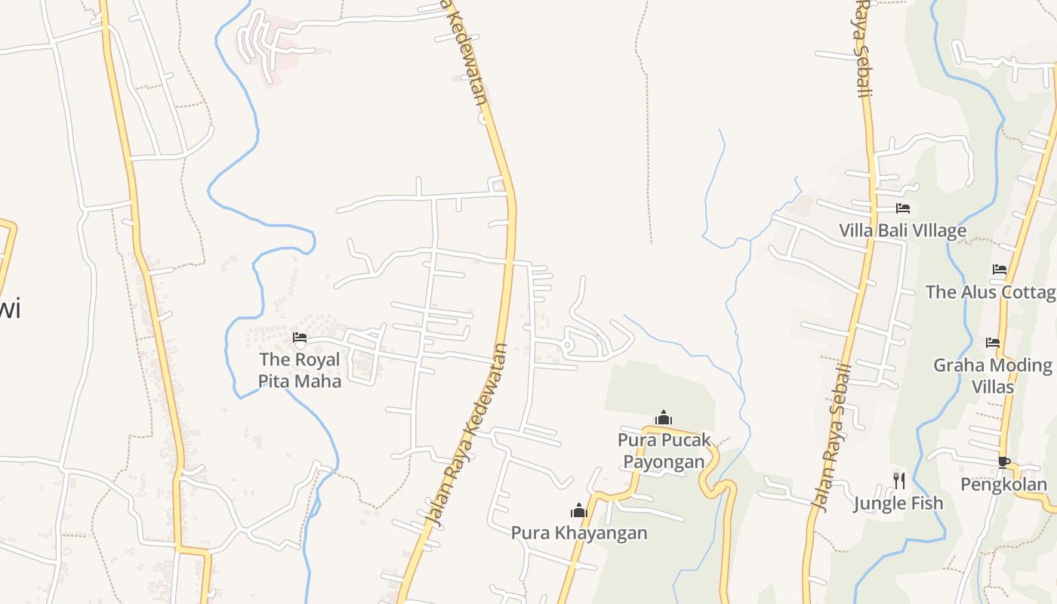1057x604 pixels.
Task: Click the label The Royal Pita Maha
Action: pos(300,370)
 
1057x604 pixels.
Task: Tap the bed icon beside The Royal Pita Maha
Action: pos(300,337)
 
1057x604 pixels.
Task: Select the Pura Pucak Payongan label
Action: pos(664,451)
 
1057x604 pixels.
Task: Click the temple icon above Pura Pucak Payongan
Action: pos(664,418)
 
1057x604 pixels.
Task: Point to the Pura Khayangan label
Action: pos(579,532)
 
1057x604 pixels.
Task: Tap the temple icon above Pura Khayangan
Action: pos(579,510)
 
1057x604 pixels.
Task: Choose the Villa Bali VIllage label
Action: pos(902,230)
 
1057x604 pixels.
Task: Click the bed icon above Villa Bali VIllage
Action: pos(902,208)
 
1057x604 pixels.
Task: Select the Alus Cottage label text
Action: pos(991,291)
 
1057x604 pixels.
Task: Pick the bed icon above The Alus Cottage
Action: pos(1000,270)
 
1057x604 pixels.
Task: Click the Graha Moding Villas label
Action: pos(993,375)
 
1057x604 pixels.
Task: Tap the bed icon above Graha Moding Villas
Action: pos(993,343)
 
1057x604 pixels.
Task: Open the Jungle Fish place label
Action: pos(898,503)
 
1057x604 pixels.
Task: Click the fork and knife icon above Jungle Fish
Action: pos(898,480)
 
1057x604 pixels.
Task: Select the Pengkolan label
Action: pos(1003,484)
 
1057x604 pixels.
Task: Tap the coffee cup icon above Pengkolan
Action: pos(1003,462)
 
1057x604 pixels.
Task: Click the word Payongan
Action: pos(664,461)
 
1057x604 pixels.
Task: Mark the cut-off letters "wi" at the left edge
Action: pos(10,309)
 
